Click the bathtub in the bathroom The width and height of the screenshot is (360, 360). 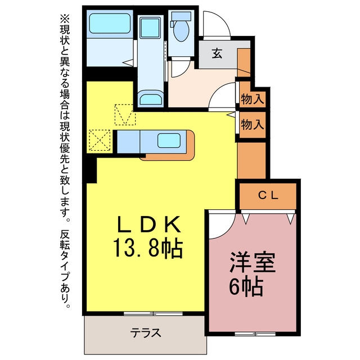pyautogui.click(x=110, y=23)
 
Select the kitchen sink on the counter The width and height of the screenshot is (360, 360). pyautogui.click(x=169, y=141)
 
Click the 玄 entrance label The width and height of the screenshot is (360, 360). pyautogui.click(x=217, y=53)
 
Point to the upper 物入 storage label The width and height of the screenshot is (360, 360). pyautogui.click(x=252, y=99)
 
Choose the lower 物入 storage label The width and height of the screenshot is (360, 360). pyautogui.click(x=252, y=124)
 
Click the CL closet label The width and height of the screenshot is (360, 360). pyautogui.click(x=268, y=196)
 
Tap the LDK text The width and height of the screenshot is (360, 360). pyautogui.click(x=148, y=224)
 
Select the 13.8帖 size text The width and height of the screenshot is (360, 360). pyautogui.click(x=147, y=248)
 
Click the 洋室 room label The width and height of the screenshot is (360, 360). pyautogui.click(x=253, y=263)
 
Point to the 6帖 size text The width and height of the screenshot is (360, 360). pyautogui.click(x=246, y=286)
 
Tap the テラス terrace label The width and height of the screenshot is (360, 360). pyautogui.click(x=146, y=332)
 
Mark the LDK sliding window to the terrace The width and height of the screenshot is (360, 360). pyautogui.click(x=153, y=313)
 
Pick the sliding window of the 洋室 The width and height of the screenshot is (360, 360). pyautogui.click(x=255, y=334)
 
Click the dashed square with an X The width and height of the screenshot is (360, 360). pyautogui.click(x=100, y=140)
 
